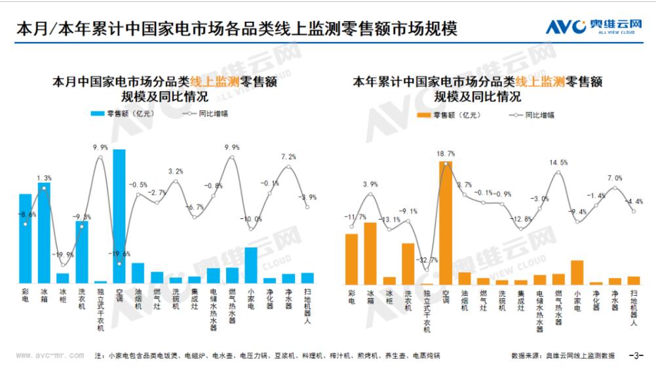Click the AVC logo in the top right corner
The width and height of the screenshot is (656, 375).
pos(594,26)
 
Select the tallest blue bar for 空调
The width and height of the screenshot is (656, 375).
pos(119,216)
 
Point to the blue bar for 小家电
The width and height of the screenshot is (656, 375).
pos(251,265)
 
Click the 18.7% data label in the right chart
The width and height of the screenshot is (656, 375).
pos(446,153)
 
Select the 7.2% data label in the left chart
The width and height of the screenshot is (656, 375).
pos(288,157)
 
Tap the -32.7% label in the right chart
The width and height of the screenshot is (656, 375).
pos(427,260)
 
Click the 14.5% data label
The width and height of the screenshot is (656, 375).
pos(558,163)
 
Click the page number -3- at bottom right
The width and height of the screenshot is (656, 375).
pos(636,355)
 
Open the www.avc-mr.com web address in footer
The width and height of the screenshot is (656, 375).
pos(49,355)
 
